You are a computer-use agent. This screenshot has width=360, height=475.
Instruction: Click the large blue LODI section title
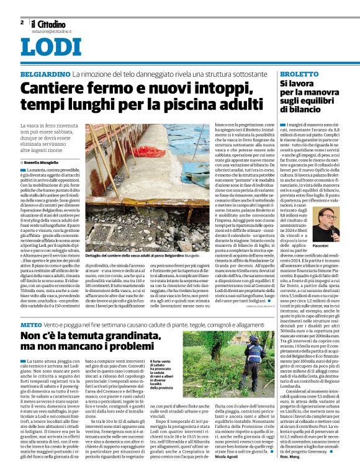(43, 47)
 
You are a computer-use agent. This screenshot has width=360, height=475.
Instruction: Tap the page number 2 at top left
(22, 22)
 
